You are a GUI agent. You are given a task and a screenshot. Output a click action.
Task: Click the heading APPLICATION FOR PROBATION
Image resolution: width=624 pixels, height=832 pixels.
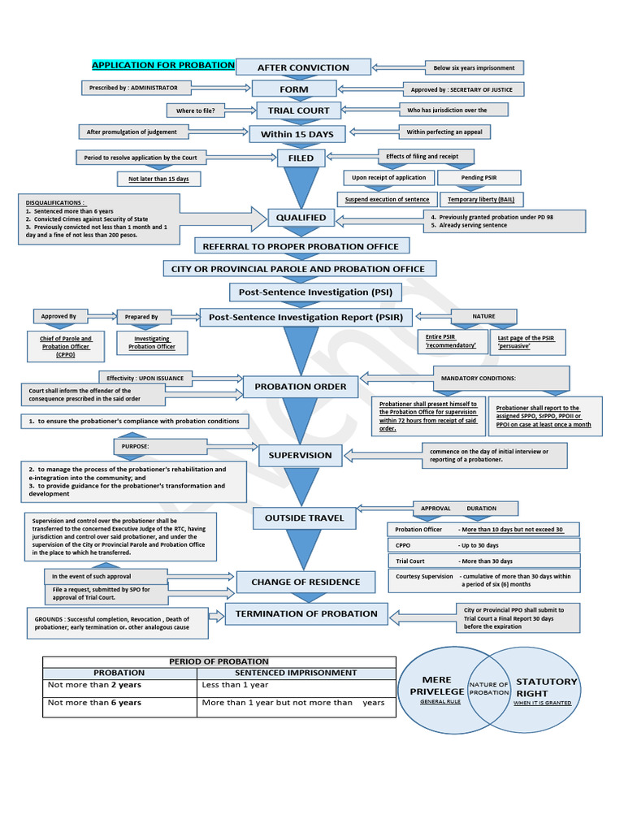pos(163,65)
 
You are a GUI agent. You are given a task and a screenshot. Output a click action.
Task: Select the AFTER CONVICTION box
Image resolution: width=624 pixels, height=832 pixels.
pos(303,67)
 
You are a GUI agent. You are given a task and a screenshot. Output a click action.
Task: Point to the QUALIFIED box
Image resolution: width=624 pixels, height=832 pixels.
pos(301,217)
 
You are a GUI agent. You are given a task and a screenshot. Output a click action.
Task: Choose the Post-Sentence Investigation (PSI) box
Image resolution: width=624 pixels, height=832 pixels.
pos(303,291)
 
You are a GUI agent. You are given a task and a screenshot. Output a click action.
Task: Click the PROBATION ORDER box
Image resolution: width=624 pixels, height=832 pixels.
pos(301,387)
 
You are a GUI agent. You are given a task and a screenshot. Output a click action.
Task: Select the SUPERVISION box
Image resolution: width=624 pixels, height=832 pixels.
pos(301,455)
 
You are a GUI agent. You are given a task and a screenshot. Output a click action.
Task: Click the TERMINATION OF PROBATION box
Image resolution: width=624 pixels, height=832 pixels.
pos(306,613)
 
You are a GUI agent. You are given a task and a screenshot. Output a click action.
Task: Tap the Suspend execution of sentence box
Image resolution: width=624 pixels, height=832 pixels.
pos(387,199)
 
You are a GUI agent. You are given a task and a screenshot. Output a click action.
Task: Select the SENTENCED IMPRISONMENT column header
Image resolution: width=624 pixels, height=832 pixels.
pos(296,673)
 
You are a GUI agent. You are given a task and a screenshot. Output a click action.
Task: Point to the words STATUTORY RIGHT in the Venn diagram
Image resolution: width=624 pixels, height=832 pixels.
pos(547,687)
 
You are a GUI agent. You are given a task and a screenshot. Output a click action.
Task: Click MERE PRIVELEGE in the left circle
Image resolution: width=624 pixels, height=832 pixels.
pos(431,685)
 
